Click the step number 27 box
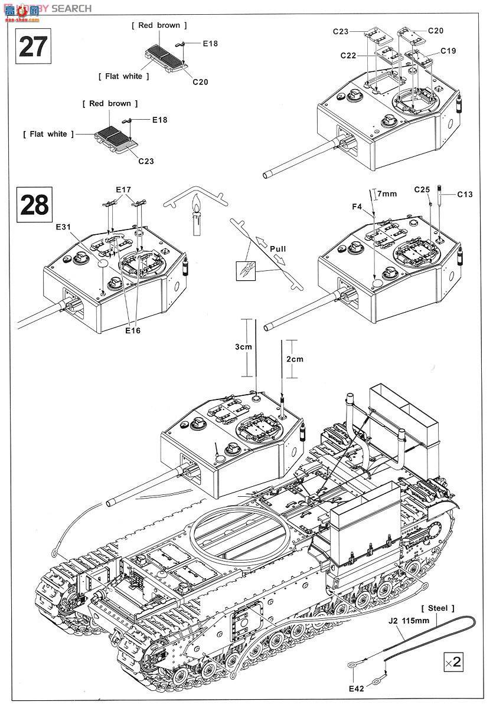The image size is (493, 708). click(33, 46)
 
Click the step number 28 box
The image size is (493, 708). click(34, 205)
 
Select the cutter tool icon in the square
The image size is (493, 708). click(246, 271)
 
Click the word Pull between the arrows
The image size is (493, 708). click(277, 249)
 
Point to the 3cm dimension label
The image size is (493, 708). click(243, 347)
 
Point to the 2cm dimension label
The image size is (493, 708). click(295, 359)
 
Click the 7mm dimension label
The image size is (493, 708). click(387, 194)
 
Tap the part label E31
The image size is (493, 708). click(63, 227)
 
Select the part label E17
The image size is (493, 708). click(123, 189)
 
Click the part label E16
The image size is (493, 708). click(133, 330)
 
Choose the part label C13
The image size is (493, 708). click(465, 194)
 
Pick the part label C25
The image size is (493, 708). click(422, 189)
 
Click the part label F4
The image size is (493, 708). click(357, 206)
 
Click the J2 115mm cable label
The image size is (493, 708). click(409, 621)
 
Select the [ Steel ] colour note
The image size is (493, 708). click(438, 608)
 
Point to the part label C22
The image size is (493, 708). click(348, 55)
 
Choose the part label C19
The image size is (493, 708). click(448, 51)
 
